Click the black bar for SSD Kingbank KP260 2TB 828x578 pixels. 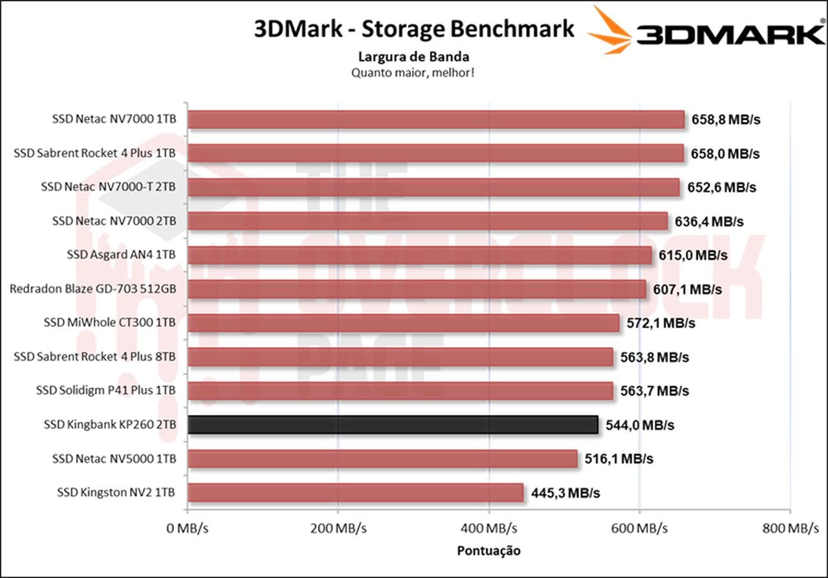393,425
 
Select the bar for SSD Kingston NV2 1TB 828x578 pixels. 355,493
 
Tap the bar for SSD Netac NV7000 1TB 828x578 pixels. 436,120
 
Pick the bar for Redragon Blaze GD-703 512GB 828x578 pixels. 417,289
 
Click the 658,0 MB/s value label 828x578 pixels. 725,154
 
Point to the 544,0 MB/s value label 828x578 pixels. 640,425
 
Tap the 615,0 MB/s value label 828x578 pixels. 693,255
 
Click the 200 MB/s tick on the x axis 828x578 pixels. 338,529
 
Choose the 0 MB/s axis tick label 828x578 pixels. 187,529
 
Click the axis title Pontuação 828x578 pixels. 488,551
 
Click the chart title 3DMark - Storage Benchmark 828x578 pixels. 414,29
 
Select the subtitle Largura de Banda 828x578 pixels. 413,57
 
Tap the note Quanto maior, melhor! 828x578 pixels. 413,72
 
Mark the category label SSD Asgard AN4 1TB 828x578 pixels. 121,255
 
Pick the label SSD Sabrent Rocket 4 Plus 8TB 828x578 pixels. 94,356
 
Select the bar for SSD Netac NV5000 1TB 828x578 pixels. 382,459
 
